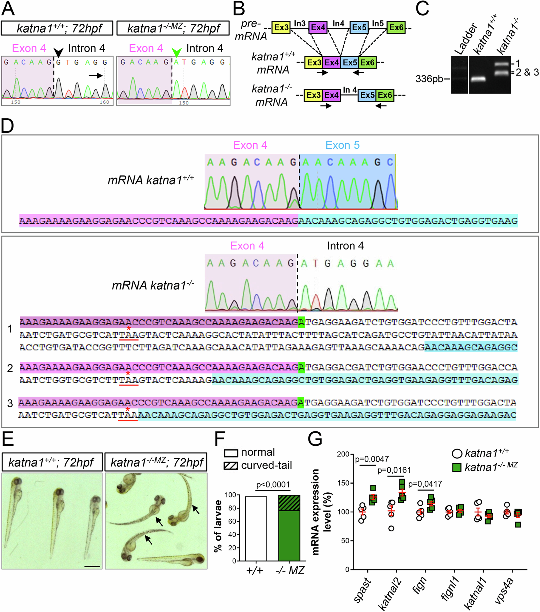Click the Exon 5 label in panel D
point(342,145)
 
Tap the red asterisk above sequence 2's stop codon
point(128,374)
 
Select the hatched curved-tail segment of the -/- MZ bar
point(289,503)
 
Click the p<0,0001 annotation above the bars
point(273,484)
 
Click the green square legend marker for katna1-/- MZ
point(457,467)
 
